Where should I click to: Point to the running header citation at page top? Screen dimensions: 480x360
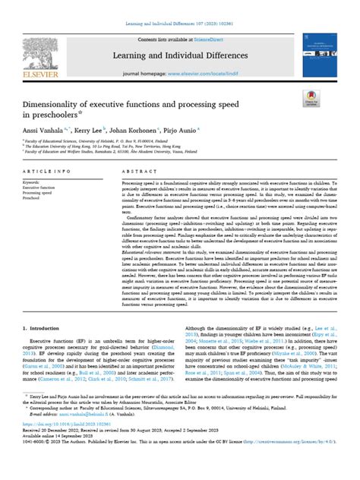pos(180,7)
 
